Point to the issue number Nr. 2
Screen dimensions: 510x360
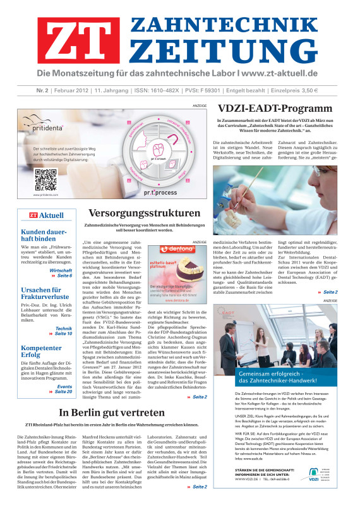point(28,91)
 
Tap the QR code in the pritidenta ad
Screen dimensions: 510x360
point(46,179)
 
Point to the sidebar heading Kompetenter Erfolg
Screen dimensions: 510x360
point(45,352)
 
